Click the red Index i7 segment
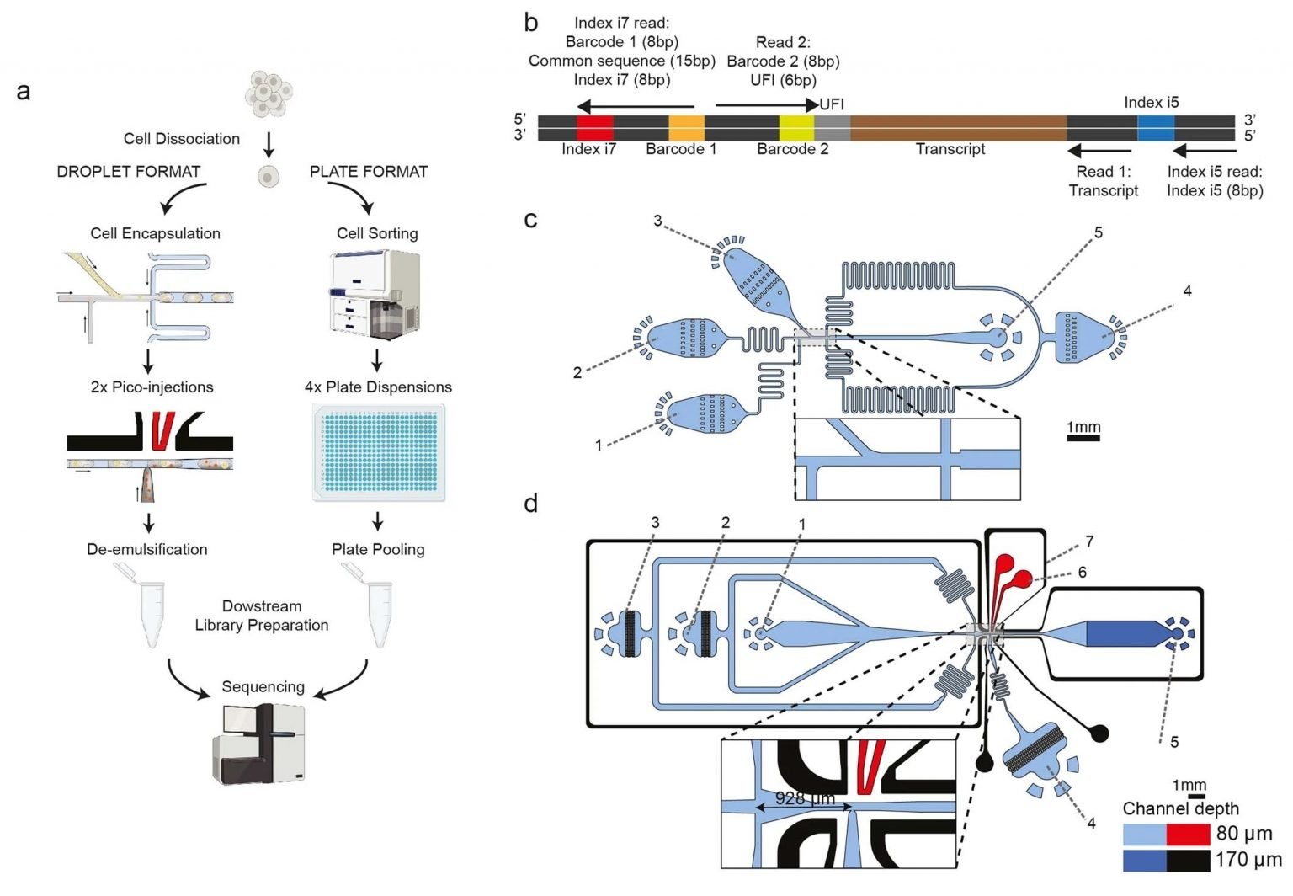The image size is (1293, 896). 594,128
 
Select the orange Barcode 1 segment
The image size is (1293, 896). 686,128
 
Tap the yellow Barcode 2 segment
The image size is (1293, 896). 795,128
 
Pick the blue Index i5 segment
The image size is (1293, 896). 1155,128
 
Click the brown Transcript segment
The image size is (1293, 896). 957,128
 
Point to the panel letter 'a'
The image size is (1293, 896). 24,91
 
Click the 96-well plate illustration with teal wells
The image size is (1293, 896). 378,452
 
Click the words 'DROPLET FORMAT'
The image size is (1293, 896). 128,172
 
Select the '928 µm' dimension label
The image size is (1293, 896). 804,797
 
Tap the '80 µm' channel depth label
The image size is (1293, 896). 1243,834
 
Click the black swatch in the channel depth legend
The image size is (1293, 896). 1189,861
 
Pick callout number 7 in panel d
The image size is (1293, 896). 1089,541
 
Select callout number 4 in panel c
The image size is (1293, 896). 1187,291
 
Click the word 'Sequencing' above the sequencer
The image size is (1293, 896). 263,686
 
